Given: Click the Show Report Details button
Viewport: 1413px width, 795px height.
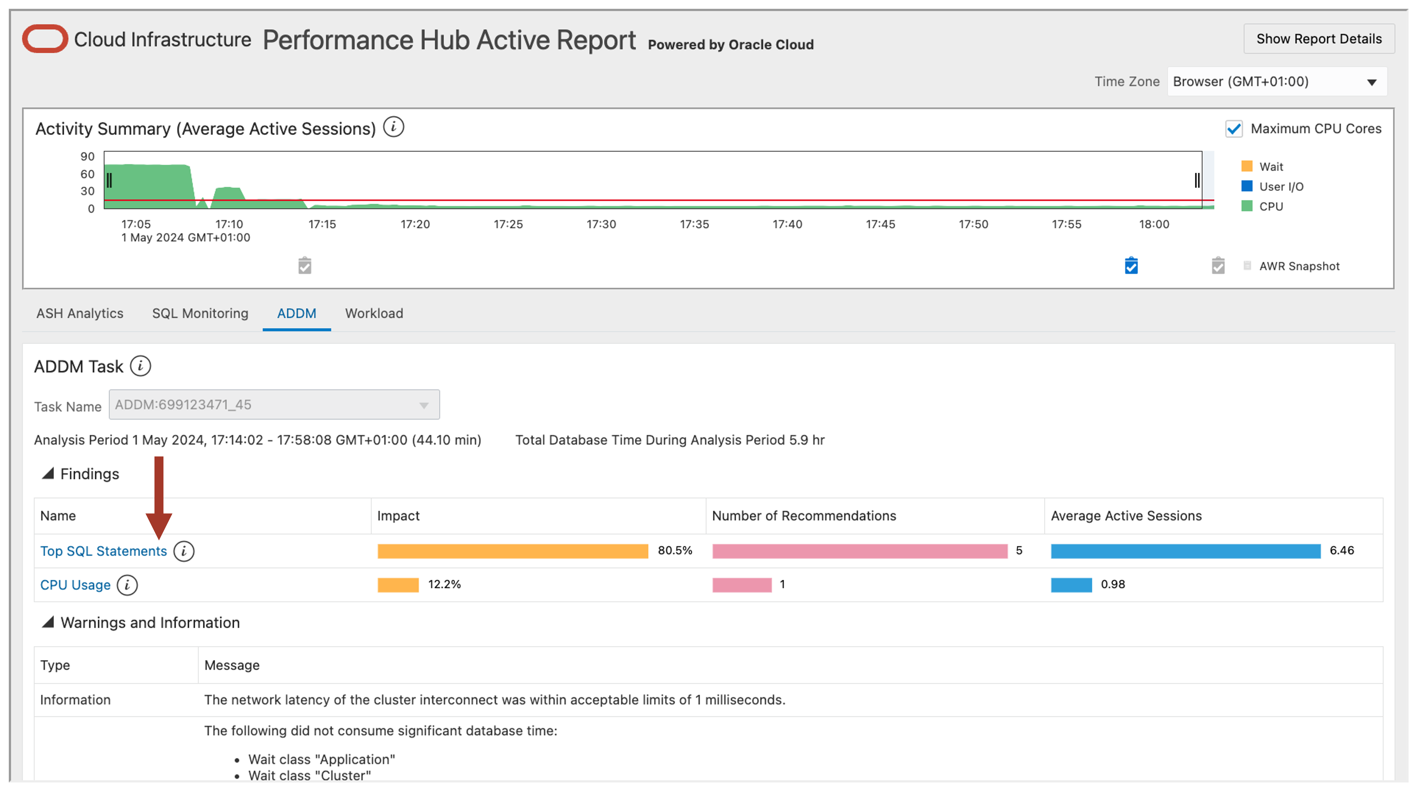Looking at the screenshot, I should tap(1318, 39).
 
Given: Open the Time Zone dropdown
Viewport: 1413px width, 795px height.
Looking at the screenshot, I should tap(1277, 82).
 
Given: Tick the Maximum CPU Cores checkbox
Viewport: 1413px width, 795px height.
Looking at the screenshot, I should tap(1233, 129).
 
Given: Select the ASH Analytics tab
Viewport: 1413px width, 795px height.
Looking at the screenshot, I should tap(80, 313).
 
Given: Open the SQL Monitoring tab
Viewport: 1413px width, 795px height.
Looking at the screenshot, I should tap(200, 313).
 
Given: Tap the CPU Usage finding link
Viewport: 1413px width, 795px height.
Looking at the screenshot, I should tap(75, 585).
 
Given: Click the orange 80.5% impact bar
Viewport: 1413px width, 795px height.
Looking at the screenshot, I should tap(512, 551).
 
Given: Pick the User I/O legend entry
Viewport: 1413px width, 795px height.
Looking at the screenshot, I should tap(1280, 187).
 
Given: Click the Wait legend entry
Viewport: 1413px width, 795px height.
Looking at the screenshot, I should tap(1270, 167).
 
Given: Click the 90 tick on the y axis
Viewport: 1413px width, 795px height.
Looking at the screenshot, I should tap(87, 157).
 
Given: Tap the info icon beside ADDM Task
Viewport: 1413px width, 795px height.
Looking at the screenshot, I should tap(140, 366).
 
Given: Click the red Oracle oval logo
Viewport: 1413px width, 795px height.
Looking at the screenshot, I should tap(45, 39).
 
